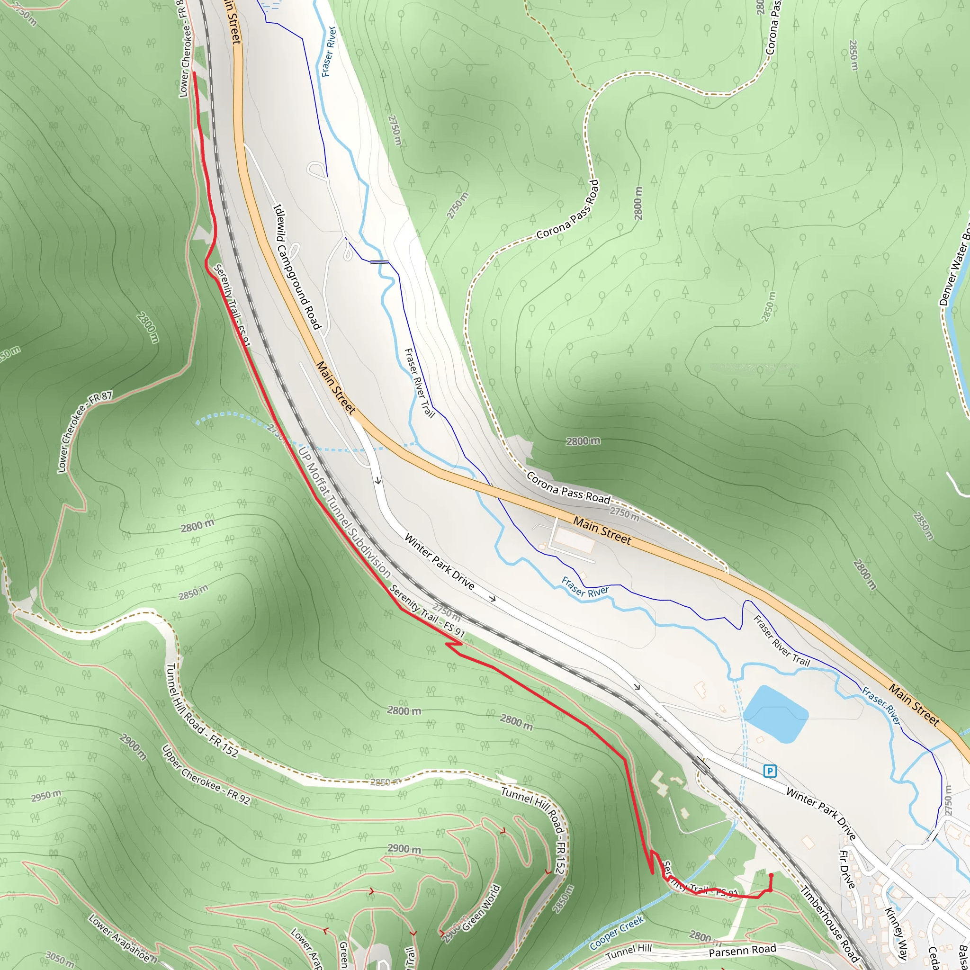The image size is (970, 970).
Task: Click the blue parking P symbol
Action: (x=770, y=770)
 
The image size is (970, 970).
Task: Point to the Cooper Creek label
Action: (x=617, y=933)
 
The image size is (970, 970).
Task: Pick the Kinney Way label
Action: (x=896, y=934)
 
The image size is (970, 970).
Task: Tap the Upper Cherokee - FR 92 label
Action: (x=206, y=775)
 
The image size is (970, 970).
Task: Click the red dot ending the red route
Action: (x=771, y=876)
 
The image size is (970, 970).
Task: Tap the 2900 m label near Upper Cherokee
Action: (x=134, y=746)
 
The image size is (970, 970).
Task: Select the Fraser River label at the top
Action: (x=328, y=51)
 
